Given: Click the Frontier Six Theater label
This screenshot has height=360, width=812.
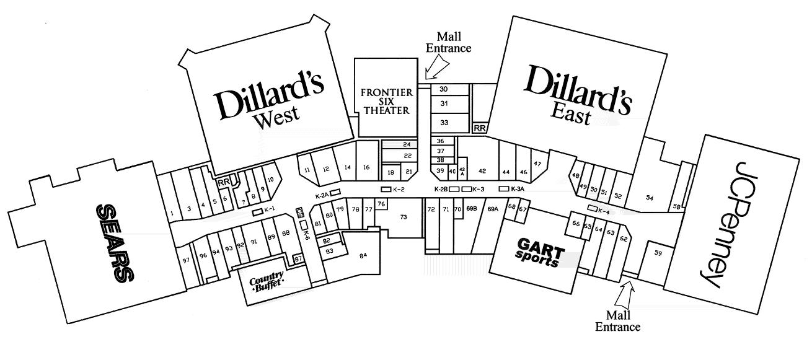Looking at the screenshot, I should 386,102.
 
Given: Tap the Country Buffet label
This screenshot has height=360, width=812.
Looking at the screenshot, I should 267,281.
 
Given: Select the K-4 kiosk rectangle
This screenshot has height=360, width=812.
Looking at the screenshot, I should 593,208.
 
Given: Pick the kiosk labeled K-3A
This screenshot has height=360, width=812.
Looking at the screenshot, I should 504,188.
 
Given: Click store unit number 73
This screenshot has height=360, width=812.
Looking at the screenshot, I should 404,217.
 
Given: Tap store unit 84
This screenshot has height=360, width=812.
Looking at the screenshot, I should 363,255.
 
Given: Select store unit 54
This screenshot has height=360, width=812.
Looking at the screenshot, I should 650,198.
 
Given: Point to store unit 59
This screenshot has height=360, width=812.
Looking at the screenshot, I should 658,253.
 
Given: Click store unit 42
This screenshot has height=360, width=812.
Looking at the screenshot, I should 482,171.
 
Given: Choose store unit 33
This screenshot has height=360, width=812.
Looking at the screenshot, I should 444,123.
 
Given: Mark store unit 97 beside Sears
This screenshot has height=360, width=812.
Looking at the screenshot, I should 185,261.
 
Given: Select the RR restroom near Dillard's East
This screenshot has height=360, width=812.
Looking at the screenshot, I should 480,128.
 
